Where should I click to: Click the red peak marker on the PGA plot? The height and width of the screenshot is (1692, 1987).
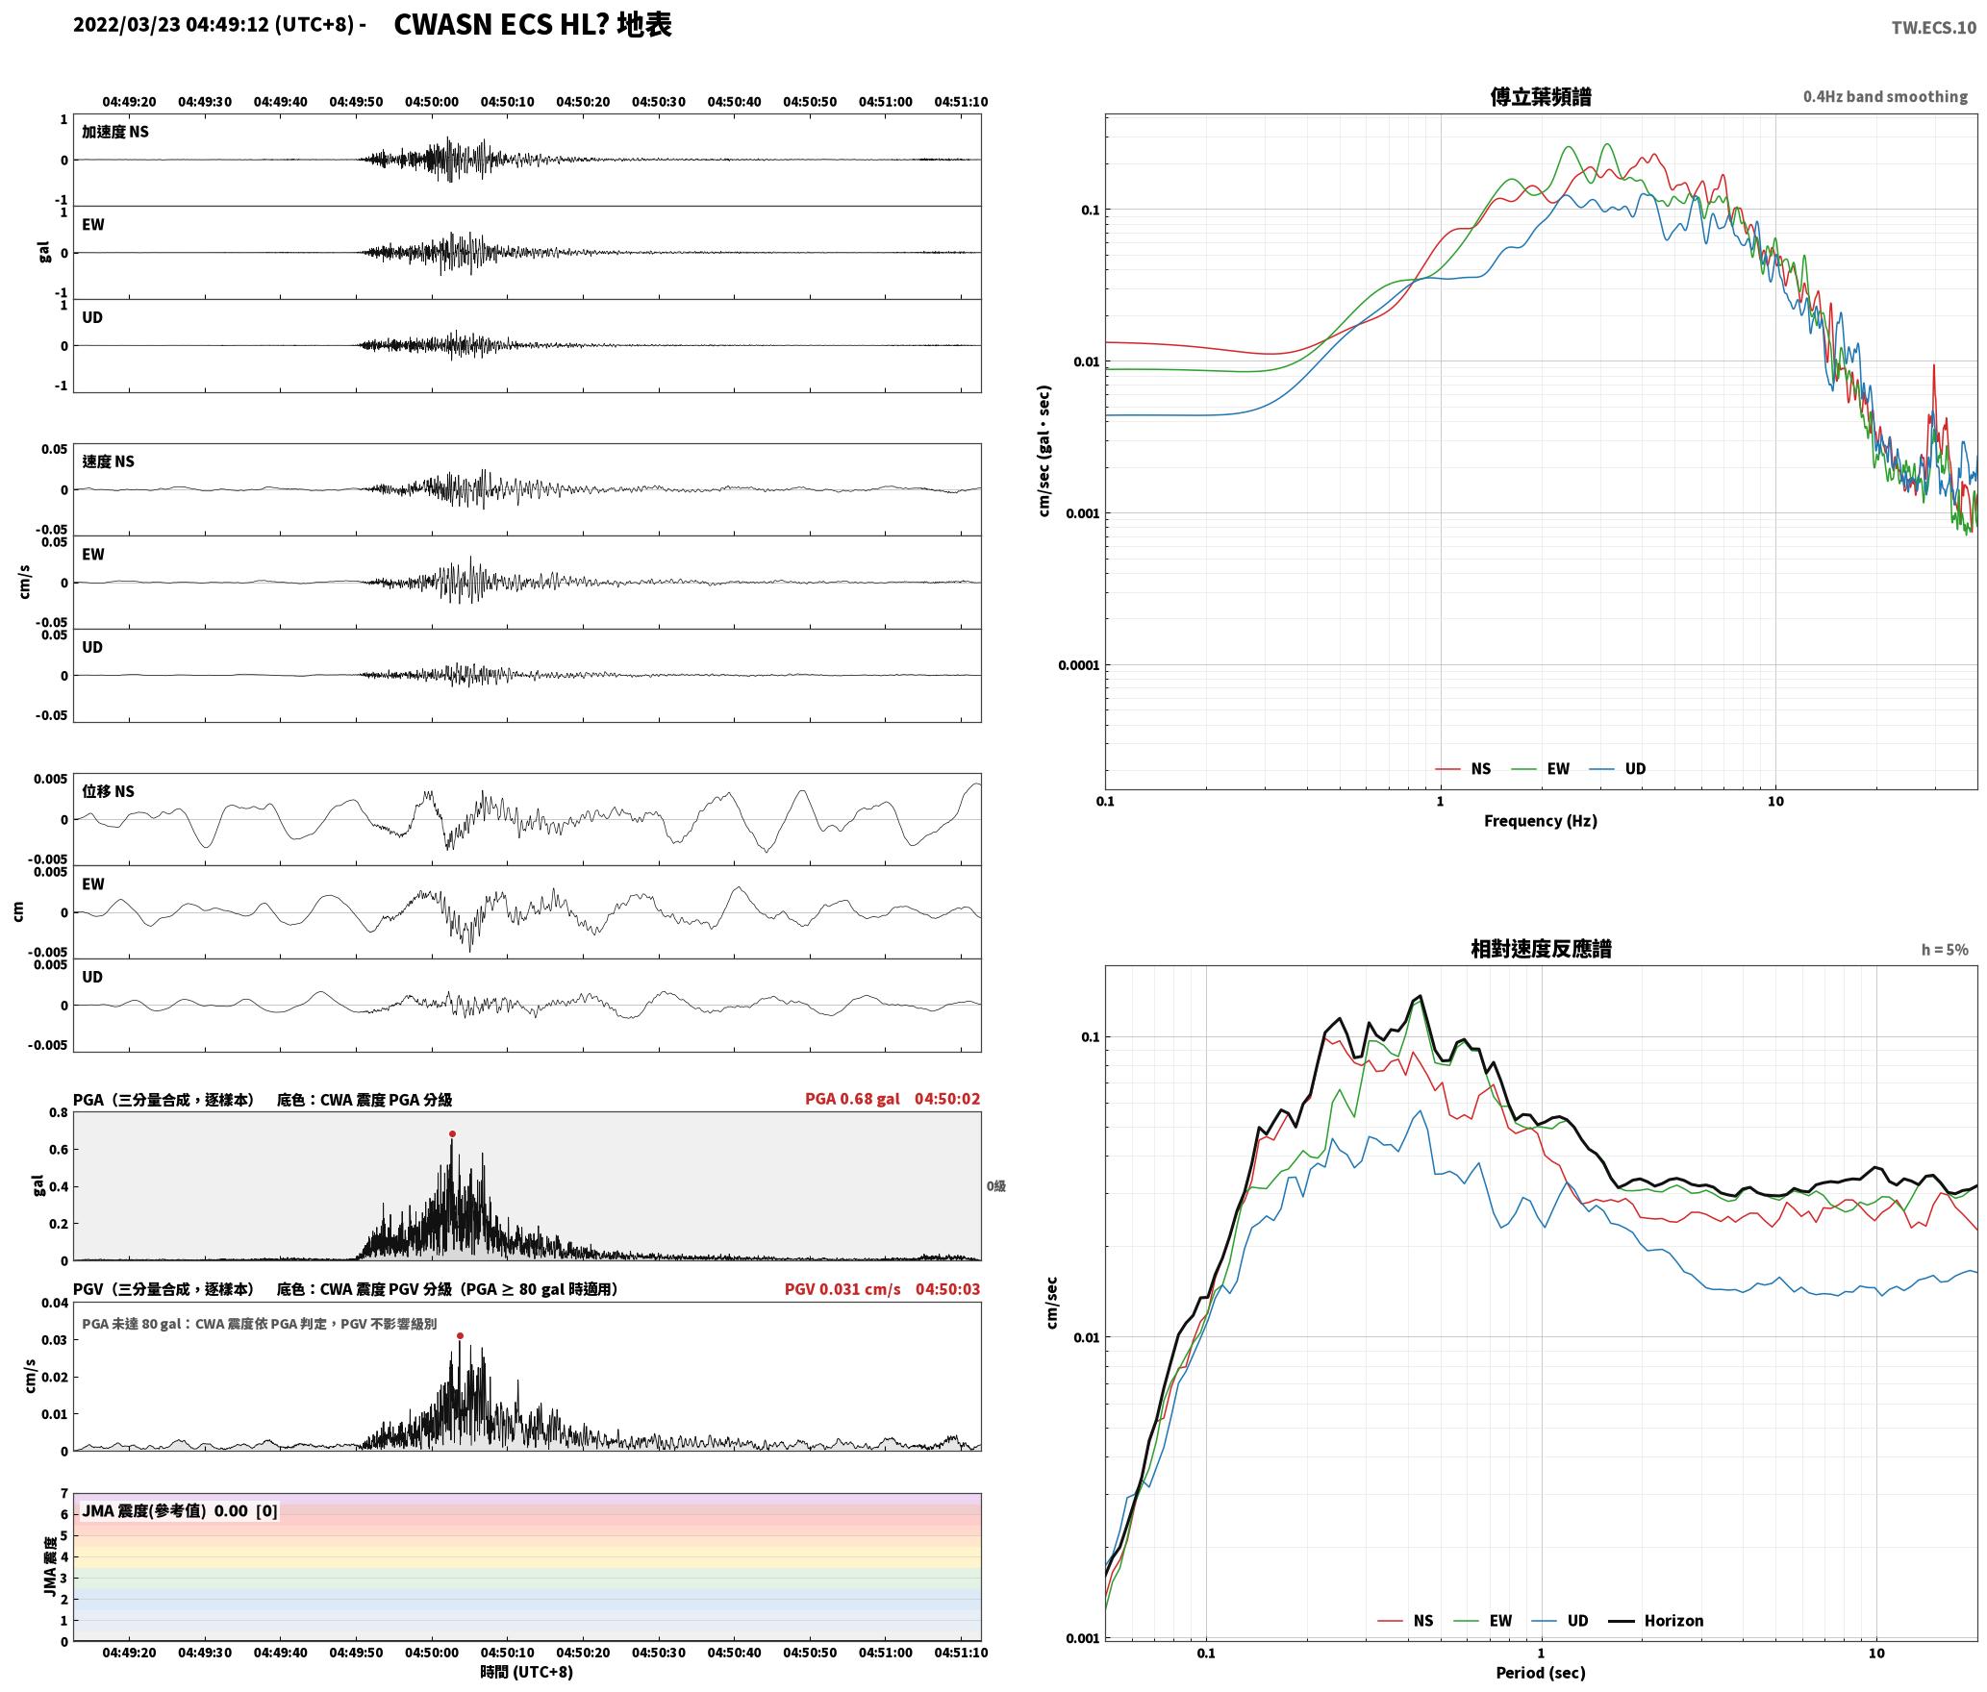pyautogui.click(x=452, y=1133)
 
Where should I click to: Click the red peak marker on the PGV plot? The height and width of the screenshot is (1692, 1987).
pyautogui.click(x=460, y=1335)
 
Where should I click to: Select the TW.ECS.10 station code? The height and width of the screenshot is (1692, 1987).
pyautogui.click(x=1933, y=28)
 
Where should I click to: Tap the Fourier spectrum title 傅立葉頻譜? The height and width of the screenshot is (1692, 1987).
pyautogui.click(x=1540, y=96)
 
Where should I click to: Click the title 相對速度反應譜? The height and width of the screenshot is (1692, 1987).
pyautogui.click(x=1541, y=949)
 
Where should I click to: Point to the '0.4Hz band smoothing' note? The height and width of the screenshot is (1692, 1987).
pyautogui.click(x=1885, y=97)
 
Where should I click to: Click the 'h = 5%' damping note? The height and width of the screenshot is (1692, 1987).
pyautogui.click(x=1945, y=950)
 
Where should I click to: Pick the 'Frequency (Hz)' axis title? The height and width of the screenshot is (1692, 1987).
pyautogui.click(x=1540, y=821)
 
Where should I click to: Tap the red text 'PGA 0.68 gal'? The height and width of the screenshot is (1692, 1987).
pyautogui.click(x=852, y=1099)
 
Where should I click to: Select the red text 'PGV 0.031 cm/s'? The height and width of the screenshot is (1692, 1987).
pyautogui.click(x=843, y=1289)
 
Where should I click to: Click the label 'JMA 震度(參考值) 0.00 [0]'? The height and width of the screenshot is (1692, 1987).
pyautogui.click(x=180, y=1511)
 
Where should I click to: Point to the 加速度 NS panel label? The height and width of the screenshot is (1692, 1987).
pyautogui.click(x=115, y=132)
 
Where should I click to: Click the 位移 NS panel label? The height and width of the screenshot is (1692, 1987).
pyautogui.click(x=108, y=791)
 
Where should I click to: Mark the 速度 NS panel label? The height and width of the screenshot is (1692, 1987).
pyautogui.click(x=108, y=461)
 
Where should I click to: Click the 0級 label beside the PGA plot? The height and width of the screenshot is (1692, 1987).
pyautogui.click(x=995, y=1186)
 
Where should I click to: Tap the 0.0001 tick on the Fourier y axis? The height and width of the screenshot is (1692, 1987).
pyautogui.click(x=1077, y=665)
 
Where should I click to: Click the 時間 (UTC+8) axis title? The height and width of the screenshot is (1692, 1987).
pyautogui.click(x=526, y=1672)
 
